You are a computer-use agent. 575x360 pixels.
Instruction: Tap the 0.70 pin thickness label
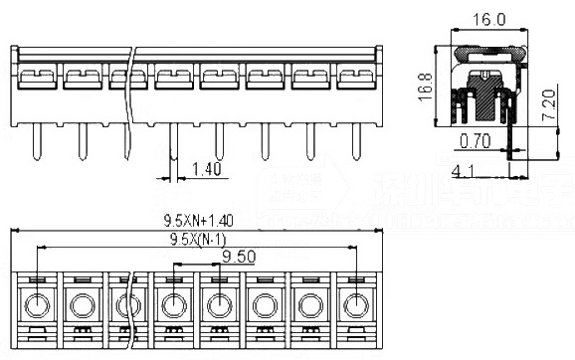point(477,142)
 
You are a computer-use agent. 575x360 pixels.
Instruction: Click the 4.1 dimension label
point(464,171)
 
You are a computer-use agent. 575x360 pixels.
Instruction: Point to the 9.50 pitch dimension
point(239,257)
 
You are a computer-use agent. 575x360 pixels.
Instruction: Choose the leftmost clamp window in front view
point(36,77)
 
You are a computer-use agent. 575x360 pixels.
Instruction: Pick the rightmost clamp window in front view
point(355,77)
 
